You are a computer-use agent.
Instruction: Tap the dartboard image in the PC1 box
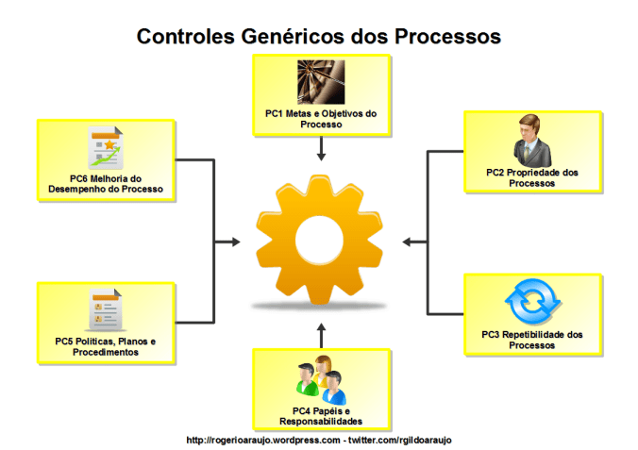pyautogui.click(x=321, y=82)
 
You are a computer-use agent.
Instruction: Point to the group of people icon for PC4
pyautogui.click(x=321, y=379)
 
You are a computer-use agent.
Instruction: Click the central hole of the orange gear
pyautogui.click(x=319, y=235)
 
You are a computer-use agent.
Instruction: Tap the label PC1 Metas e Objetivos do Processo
pyautogui.click(x=321, y=119)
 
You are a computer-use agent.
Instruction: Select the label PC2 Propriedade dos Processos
pyautogui.click(x=531, y=178)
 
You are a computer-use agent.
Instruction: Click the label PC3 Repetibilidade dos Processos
pyautogui.click(x=531, y=340)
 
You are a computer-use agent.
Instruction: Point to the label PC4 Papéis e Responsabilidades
pyautogui.click(x=321, y=416)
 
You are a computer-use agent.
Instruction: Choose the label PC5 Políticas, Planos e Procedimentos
pyautogui.click(x=105, y=346)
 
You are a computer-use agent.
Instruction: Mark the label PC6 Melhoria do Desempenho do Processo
pyautogui.click(x=106, y=184)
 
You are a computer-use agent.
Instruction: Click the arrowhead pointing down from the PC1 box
pyautogui.click(x=321, y=155)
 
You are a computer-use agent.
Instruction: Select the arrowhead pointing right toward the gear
pyautogui.click(x=234, y=242)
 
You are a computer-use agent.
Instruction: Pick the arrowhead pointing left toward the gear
pyautogui.click(x=407, y=242)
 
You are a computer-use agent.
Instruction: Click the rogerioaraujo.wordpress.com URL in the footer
pyautogui.click(x=261, y=440)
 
